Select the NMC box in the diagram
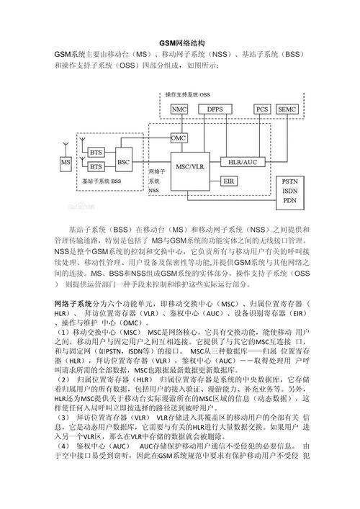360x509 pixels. tap(180, 109)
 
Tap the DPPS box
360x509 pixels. tap(215, 109)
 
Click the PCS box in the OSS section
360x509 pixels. tap(262, 109)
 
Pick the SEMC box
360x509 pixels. tap(287, 109)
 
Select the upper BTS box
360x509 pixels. tap(96, 153)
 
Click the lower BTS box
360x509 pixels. tap(96, 168)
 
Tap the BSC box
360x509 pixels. tap(124, 161)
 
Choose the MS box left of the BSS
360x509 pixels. tap(66, 163)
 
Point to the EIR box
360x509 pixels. tap(229, 180)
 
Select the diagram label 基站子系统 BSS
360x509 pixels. tap(101, 183)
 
